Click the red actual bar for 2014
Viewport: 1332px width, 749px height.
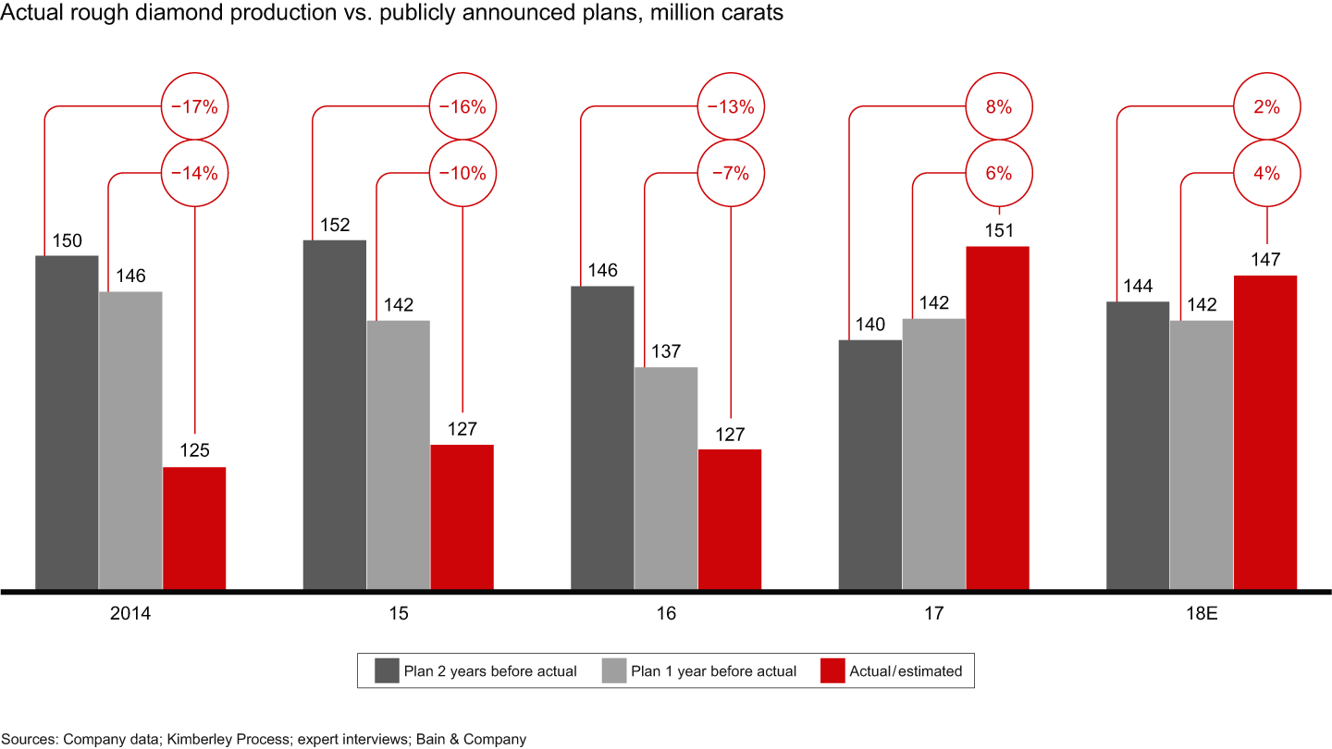194,527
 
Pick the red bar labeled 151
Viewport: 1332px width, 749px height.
997,417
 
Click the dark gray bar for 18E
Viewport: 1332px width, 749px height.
1138,445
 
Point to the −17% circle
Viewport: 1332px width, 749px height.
194,107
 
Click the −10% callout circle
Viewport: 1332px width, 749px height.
462,173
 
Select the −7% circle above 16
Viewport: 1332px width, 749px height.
730,173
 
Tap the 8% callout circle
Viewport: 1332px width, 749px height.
998,107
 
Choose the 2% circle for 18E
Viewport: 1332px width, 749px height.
1266,107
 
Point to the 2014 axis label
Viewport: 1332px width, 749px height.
130,613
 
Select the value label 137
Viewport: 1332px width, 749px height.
665,351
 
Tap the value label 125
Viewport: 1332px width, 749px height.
194,451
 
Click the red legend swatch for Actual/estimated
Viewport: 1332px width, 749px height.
833,670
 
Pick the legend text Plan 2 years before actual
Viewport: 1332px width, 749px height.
490,671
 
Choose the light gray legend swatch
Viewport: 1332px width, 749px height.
614,670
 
